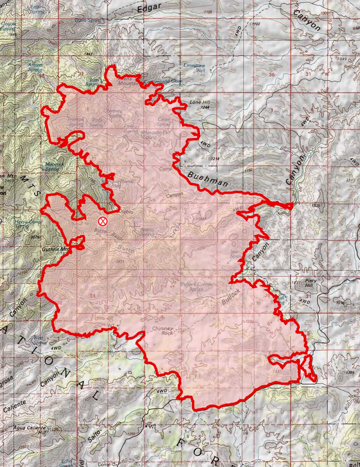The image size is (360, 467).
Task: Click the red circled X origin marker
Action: coord(103,221)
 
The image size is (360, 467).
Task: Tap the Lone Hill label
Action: coord(199,102)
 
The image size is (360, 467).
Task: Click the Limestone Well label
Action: coord(194,68)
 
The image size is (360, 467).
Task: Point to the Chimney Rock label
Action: coord(163,330)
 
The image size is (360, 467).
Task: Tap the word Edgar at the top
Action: coord(149,8)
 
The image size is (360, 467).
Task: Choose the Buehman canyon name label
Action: coord(208,179)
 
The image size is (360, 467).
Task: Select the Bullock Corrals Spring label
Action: coord(196,286)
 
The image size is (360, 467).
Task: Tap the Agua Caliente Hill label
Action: coord(30,430)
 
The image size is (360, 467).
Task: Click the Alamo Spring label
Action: coord(147,232)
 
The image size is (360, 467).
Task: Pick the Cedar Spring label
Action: coord(164,122)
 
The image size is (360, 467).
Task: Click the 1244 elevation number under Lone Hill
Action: coord(205,107)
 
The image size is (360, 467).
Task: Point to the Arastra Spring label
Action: coord(35,67)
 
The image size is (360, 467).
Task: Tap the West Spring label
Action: coord(39,340)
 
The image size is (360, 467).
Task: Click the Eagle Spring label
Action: coord(37,8)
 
